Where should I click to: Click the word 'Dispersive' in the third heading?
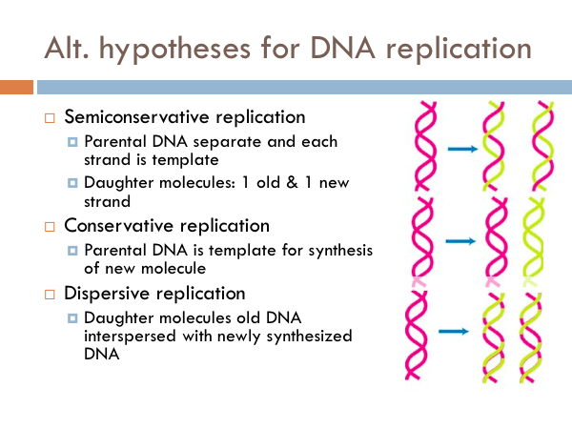coord(101,293)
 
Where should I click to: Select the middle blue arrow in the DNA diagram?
coord(462,242)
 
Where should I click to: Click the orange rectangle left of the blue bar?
coord(16,88)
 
